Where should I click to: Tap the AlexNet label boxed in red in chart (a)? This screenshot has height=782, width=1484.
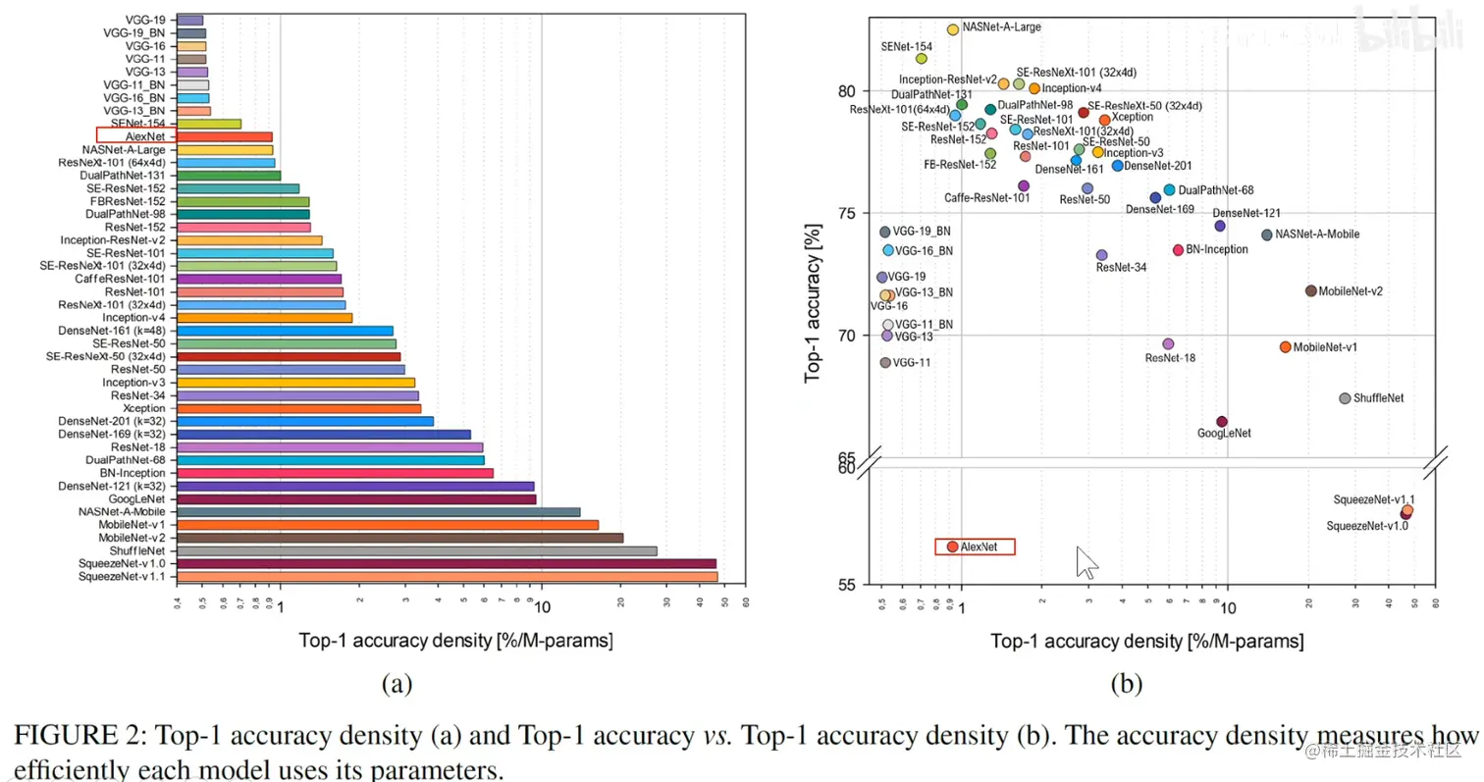coord(135,136)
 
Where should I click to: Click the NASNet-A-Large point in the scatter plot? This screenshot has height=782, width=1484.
coord(952,29)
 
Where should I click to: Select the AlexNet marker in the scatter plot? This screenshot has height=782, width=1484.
coord(952,547)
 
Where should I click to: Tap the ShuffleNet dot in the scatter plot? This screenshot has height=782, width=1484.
coord(1345,398)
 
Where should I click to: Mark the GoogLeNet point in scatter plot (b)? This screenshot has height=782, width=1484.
coord(1222,422)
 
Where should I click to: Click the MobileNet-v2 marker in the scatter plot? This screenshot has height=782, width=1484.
coord(1310,290)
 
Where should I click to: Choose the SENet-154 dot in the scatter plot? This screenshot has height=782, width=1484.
coord(921,59)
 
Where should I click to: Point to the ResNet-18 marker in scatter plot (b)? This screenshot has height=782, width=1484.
coord(1168,343)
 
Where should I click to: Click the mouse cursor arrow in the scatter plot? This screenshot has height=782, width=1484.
coord(1086,562)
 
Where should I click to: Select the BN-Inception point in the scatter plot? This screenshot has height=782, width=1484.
coord(1178,250)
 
